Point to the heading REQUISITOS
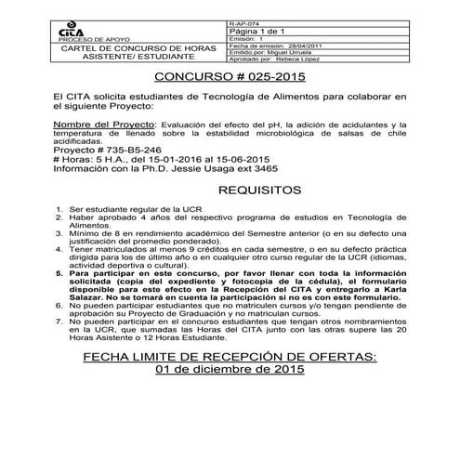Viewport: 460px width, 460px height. click(229, 191)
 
